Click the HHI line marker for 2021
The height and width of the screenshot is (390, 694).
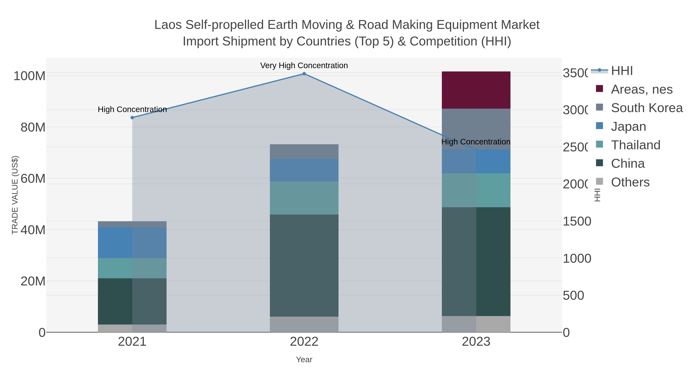click(x=132, y=118)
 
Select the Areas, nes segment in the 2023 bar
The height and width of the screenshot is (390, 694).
click(x=476, y=90)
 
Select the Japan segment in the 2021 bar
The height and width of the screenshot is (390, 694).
click(x=132, y=242)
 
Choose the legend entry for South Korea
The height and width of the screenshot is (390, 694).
click(x=647, y=108)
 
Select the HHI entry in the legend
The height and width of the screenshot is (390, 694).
click(x=622, y=71)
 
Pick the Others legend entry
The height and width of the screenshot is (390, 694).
click(x=630, y=182)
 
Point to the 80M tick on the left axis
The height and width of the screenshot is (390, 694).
click(x=33, y=127)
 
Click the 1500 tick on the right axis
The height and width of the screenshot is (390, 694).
click(x=577, y=221)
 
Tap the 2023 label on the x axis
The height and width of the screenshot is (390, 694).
click(x=476, y=342)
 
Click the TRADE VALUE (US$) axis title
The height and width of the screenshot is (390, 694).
click(x=15, y=195)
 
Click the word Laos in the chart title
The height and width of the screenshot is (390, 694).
click(x=168, y=25)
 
